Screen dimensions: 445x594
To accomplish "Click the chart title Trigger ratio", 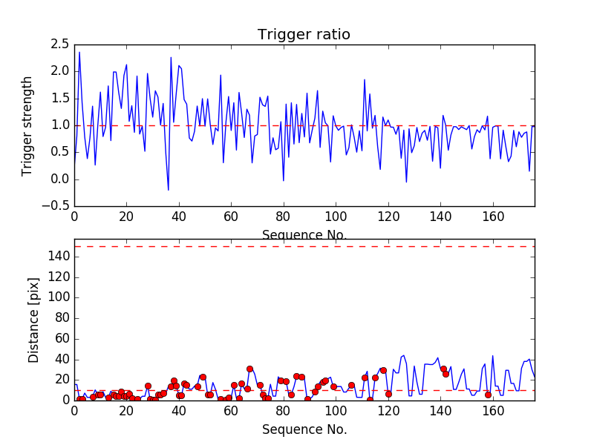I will coord(304,35).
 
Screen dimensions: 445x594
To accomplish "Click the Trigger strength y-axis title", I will coord(27,125).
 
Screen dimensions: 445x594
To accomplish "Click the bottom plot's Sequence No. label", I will coord(304,429).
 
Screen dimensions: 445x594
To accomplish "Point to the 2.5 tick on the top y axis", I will coord(59,44).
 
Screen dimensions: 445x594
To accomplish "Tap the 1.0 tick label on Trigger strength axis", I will coord(59,125).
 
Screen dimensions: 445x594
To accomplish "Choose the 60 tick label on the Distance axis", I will coord(60,338).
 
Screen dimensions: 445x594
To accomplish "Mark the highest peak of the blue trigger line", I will coord(79,51).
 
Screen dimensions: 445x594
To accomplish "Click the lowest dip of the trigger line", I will coord(169,191).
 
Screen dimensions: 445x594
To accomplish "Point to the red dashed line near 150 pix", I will coord(304,246).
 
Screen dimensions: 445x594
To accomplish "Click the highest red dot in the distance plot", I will coord(249,369).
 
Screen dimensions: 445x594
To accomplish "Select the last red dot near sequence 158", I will coord(488,395).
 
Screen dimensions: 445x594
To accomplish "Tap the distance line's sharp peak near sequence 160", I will coord(492,356).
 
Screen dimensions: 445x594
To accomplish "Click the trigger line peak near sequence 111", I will coord(365,79).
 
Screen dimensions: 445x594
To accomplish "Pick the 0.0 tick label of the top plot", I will coord(59,179).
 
